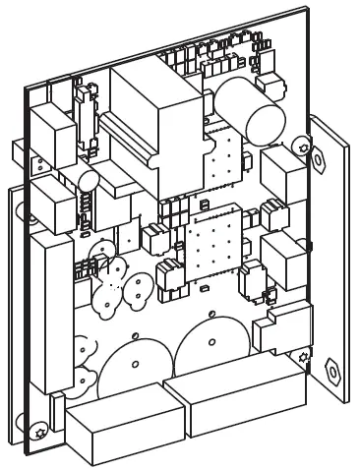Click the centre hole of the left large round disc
point(136,365)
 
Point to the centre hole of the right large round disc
point(211,342)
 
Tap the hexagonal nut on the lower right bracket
point(331,372)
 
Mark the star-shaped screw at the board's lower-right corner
point(303,355)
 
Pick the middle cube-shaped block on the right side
point(286,258)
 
